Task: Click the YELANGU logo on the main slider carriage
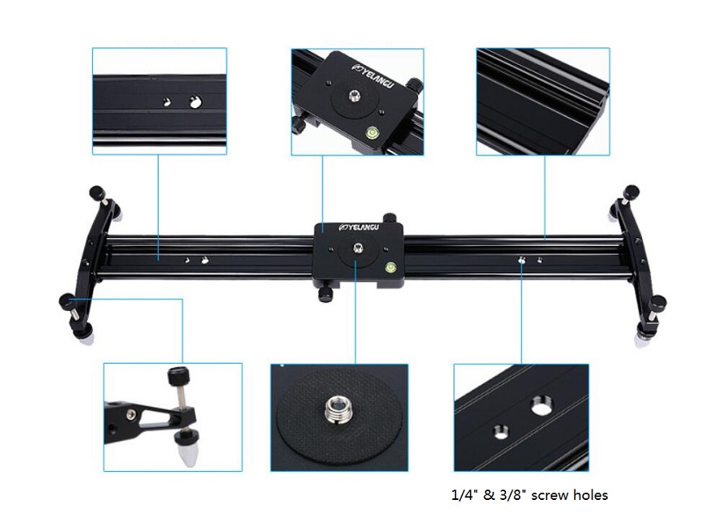360,227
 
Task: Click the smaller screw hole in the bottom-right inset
500,431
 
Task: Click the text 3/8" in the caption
512,494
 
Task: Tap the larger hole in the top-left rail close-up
195,102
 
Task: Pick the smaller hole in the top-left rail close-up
167,102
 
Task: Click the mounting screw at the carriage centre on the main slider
358,248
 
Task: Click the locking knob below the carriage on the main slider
325,295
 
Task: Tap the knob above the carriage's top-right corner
390,217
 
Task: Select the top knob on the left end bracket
97,193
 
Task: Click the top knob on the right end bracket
632,191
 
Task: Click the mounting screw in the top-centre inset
354,95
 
